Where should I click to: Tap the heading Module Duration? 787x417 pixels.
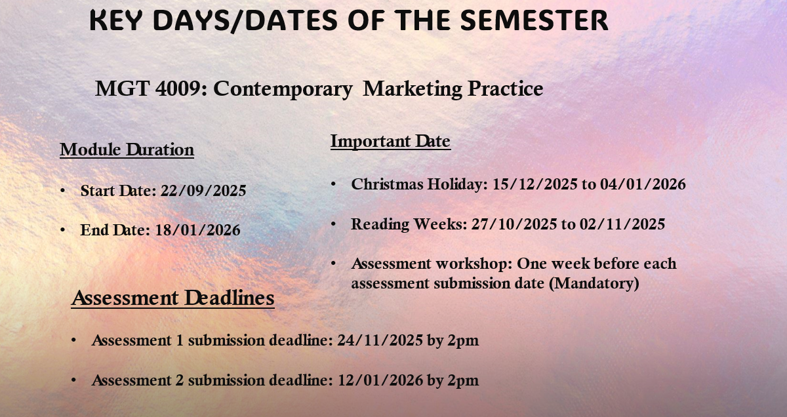click(x=127, y=149)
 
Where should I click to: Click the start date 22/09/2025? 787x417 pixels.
click(x=203, y=191)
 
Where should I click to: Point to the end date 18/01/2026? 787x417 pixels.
click(x=197, y=230)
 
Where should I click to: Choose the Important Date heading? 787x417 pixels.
click(x=390, y=141)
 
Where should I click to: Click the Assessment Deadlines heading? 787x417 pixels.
click(x=172, y=298)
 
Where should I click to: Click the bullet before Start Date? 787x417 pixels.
click(x=63, y=191)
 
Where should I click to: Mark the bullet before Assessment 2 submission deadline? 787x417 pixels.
click(x=74, y=380)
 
